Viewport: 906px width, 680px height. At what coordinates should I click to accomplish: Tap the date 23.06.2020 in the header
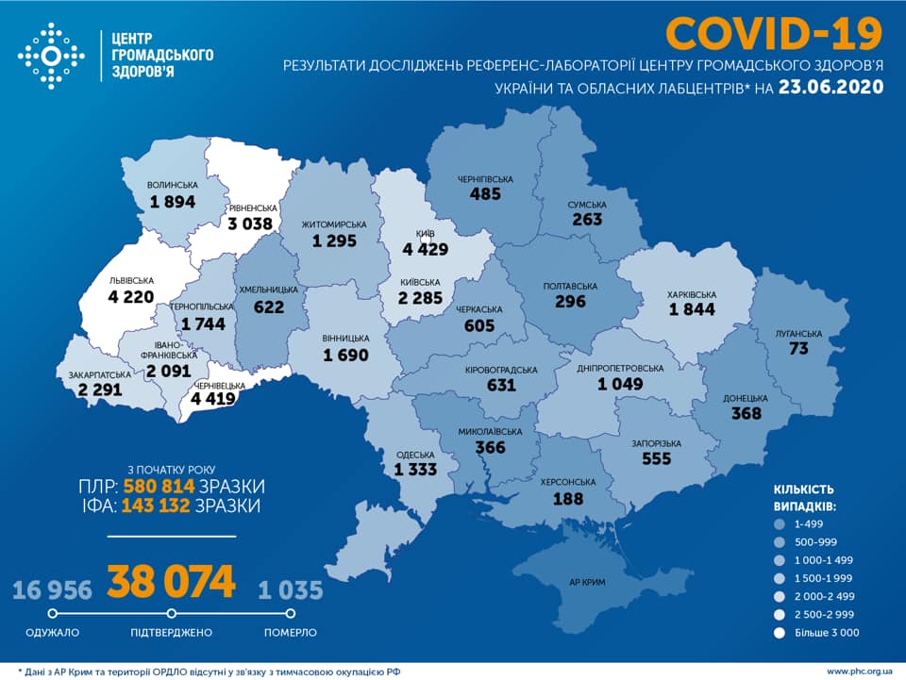[x=831, y=88]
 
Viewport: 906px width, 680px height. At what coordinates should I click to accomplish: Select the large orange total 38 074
[x=171, y=583]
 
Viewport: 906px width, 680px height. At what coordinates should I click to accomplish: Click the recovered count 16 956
[x=52, y=591]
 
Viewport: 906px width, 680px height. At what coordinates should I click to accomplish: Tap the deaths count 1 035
[x=291, y=591]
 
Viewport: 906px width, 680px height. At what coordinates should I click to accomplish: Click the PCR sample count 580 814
[x=159, y=487]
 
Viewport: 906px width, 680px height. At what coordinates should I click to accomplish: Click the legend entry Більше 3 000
[x=825, y=633]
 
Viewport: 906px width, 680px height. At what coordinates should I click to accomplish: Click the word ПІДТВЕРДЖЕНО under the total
[x=171, y=632]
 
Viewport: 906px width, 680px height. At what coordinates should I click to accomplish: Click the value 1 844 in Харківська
[x=692, y=308]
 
